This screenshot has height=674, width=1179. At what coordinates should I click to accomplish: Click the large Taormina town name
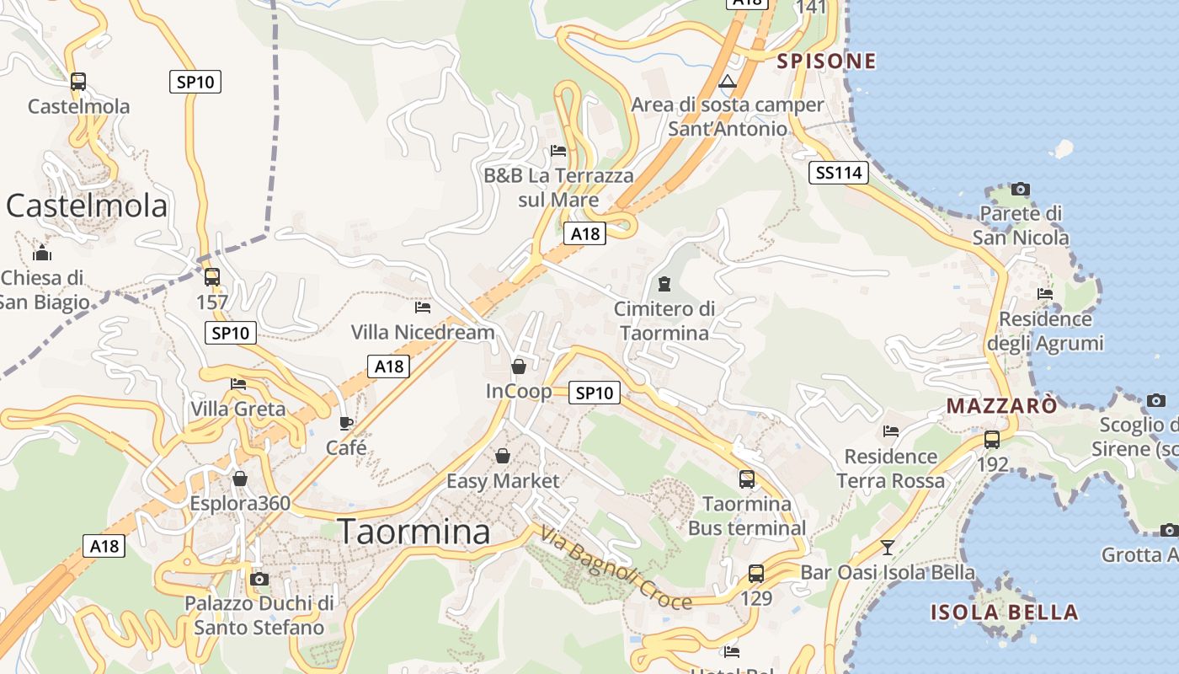[413, 532]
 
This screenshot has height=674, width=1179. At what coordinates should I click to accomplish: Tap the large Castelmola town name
[87, 206]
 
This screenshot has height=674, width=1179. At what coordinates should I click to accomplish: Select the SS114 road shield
[840, 174]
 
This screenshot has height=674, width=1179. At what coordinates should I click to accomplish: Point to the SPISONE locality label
[826, 61]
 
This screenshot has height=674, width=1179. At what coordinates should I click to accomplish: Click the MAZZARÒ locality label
[1001, 405]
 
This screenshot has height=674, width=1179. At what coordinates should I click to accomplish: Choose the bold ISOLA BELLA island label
[1004, 612]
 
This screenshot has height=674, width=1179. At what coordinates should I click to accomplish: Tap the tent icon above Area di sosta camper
[728, 82]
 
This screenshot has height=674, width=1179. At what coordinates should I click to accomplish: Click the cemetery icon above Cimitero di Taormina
[664, 284]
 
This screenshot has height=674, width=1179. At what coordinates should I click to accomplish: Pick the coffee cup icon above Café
[345, 423]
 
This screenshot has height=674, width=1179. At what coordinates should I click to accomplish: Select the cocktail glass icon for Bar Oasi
[887, 548]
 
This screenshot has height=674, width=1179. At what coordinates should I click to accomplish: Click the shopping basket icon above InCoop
[519, 366]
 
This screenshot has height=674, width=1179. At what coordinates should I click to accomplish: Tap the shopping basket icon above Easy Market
[503, 456]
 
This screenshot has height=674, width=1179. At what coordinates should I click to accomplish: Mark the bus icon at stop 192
[992, 439]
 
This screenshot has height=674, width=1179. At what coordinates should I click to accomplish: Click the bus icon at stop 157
[212, 276]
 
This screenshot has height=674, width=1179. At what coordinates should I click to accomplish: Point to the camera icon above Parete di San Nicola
[1021, 189]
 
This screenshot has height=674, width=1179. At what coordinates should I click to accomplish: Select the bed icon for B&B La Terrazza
[557, 152]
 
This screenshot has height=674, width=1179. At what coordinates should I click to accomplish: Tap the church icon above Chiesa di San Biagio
[42, 253]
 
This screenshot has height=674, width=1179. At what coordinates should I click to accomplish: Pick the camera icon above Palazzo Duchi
[259, 579]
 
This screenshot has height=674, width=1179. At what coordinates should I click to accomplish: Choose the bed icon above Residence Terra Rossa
[891, 431]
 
